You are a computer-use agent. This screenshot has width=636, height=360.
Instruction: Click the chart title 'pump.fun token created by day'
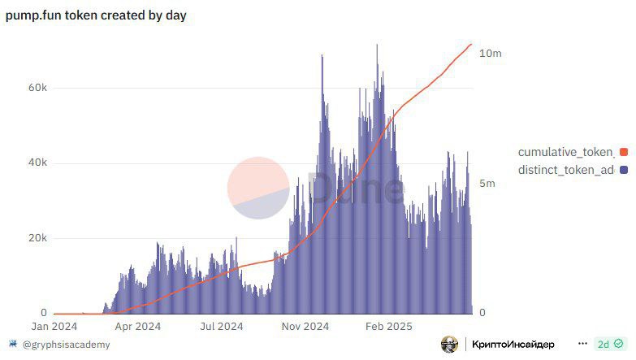pos(96,15)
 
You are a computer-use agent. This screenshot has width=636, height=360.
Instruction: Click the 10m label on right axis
pos(491,53)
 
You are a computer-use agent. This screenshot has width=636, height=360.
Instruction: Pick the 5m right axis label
pos(487,184)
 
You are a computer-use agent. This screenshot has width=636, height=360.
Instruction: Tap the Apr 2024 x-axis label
pos(137,326)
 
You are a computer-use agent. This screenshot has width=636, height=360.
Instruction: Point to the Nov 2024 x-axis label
pos(305,326)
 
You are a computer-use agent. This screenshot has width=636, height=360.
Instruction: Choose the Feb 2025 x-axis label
pos(388,326)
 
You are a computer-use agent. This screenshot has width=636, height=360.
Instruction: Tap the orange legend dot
pos(624,152)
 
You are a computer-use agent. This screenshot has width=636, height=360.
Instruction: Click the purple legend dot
pos(624,170)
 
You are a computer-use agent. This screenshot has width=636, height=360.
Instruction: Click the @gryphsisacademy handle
pos(66,345)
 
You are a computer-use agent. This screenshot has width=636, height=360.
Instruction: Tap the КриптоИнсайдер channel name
pos(513,345)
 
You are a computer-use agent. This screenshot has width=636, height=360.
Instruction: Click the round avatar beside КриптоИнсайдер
pos(449,345)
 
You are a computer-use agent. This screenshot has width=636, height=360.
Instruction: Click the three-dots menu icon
pos(582,345)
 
